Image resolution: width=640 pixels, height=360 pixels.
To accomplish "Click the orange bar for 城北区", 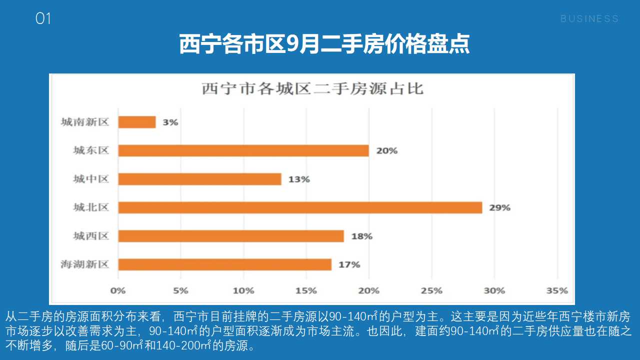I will click(300, 207).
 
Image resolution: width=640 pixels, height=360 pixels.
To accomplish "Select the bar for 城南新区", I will click(137, 122).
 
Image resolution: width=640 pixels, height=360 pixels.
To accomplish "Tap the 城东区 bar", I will click(243, 150).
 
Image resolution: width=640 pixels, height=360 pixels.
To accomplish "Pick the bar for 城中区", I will click(199, 179).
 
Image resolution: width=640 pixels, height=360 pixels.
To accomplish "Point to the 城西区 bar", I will click(231, 236).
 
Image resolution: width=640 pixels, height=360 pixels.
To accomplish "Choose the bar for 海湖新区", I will click(224, 264).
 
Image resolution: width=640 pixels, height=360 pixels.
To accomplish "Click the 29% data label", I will click(499, 207).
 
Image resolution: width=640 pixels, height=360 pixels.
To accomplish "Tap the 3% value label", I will click(170, 122).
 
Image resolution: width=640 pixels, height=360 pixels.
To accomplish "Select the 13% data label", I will click(299, 179).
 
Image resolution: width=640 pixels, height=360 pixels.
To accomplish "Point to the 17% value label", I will click(349, 264).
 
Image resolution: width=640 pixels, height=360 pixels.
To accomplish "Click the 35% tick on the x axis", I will click(557, 290).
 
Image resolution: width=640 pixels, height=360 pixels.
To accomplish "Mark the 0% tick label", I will click(118, 290).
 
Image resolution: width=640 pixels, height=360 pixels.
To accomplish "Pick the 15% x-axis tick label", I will click(306, 290).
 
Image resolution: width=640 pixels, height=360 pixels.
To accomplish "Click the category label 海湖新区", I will click(84, 264).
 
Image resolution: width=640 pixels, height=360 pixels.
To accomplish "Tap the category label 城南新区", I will click(84, 122).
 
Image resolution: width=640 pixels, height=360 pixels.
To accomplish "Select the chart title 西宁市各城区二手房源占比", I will click(312, 89).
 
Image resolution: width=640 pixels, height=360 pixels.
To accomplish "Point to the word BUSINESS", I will click(589, 19).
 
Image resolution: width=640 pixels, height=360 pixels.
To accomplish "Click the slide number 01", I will click(43, 19).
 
